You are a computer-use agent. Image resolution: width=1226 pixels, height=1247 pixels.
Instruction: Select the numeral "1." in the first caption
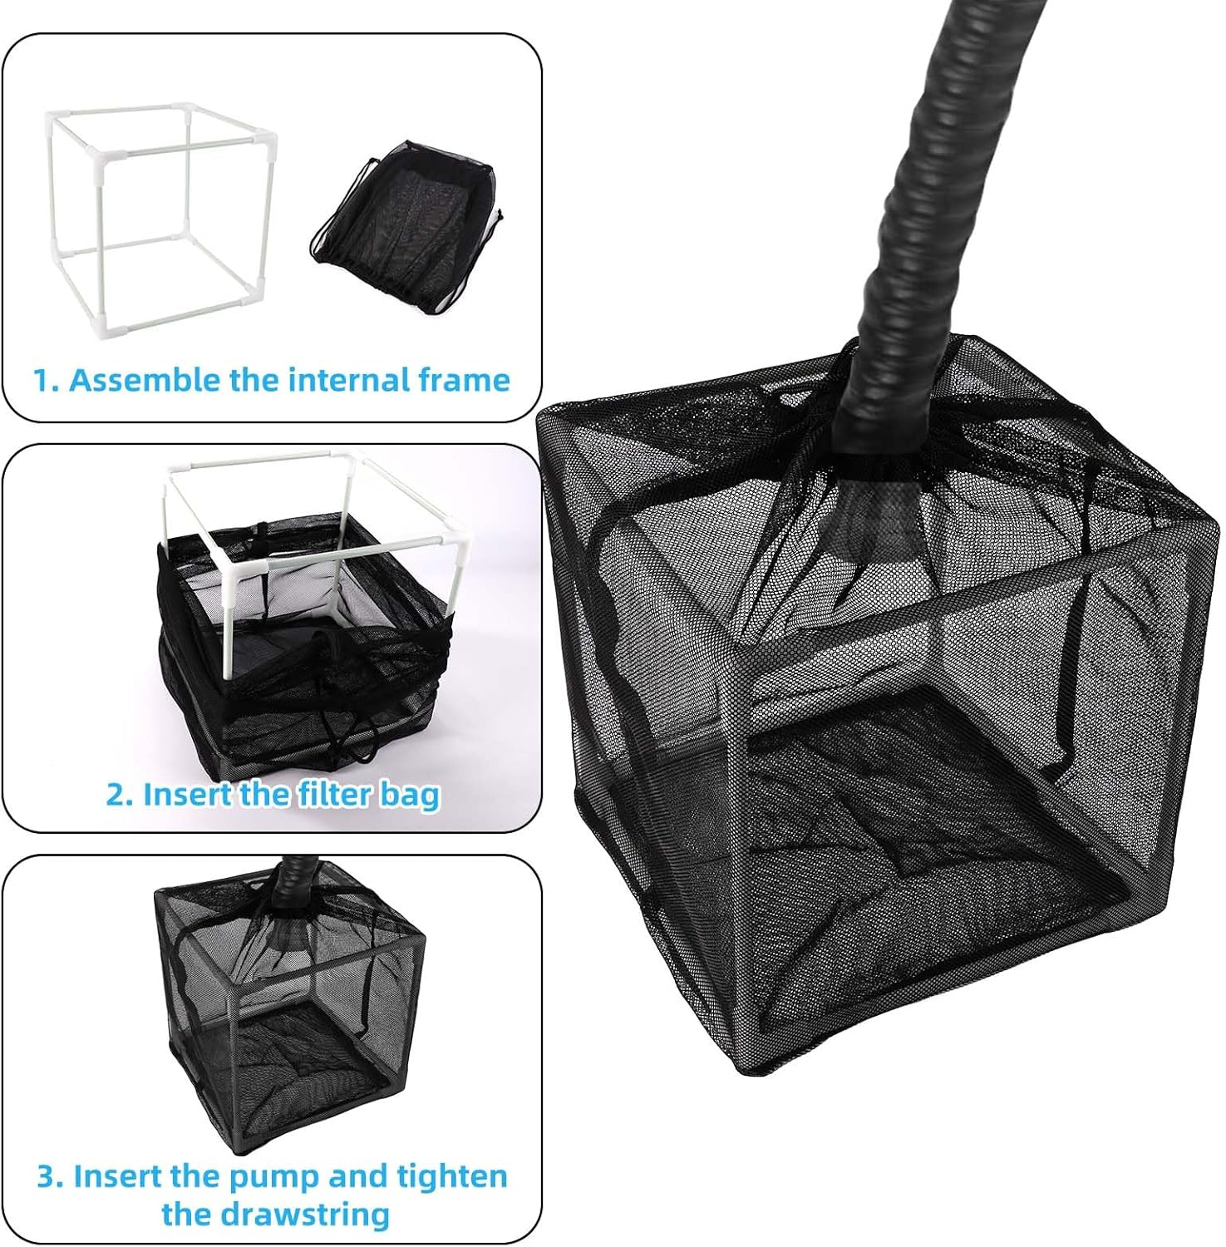click(x=47, y=380)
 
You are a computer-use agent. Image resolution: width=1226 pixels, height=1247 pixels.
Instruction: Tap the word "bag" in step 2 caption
click(x=410, y=796)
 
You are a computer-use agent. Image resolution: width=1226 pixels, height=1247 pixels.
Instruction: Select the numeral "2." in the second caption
click(x=120, y=795)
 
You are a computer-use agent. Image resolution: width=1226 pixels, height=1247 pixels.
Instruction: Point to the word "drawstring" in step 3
click(x=275, y=1214)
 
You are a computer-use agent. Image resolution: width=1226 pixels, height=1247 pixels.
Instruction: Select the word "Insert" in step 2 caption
click(x=188, y=795)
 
